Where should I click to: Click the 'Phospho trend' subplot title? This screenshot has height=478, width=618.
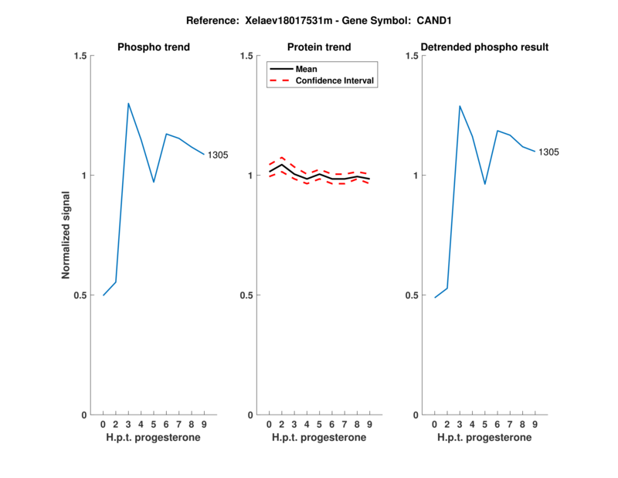click(x=154, y=47)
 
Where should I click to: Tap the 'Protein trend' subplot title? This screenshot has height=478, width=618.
click(x=319, y=47)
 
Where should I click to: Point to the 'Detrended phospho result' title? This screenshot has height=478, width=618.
click(x=485, y=47)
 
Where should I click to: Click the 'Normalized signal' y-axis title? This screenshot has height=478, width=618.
click(x=66, y=235)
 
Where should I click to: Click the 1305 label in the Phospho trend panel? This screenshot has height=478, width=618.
click(x=218, y=155)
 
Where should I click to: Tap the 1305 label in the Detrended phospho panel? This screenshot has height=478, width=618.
click(x=548, y=152)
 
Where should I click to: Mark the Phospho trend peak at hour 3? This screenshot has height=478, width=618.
click(x=128, y=103)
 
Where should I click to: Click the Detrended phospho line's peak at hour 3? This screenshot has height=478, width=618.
click(x=460, y=106)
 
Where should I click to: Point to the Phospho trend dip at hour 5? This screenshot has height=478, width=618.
click(x=154, y=182)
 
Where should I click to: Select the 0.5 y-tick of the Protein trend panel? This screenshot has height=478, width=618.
click(x=247, y=295)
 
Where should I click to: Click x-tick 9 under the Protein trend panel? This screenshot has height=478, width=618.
click(x=369, y=425)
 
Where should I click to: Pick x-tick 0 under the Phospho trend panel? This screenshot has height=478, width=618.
click(x=104, y=425)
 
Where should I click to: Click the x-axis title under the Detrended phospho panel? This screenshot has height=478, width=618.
click(x=485, y=438)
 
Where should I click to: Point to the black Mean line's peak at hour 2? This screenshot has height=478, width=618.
click(x=282, y=164)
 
